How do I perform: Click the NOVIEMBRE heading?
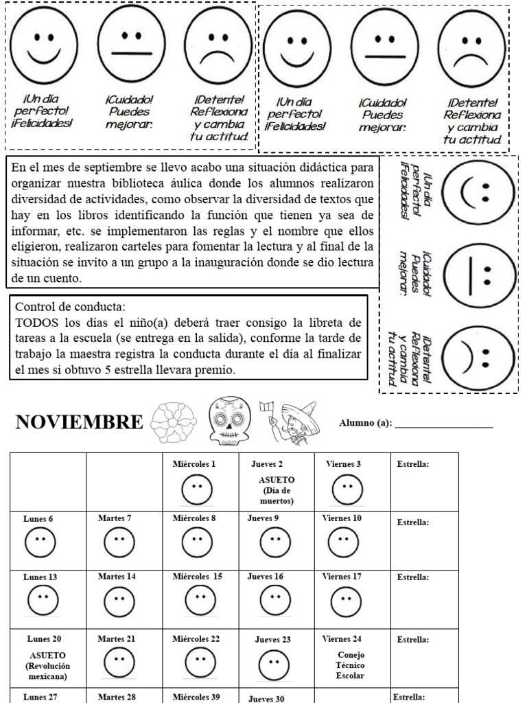click(x=79, y=422)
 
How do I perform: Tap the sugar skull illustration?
click(x=229, y=421)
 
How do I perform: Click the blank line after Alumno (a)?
click(x=444, y=423)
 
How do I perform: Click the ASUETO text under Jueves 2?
click(x=276, y=480)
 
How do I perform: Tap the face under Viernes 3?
click(x=347, y=489)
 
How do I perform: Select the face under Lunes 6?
click(x=40, y=544)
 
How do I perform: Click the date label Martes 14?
click(x=117, y=577)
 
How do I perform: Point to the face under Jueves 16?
click(x=275, y=602)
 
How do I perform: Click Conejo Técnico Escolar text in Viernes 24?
click(x=350, y=665)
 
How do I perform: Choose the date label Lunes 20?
click(x=40, y=638)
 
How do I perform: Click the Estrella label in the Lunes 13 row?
click(x=412, y=577)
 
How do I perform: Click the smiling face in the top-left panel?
click(x=44, y=44)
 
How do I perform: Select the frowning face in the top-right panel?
click(x=471, y=47)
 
